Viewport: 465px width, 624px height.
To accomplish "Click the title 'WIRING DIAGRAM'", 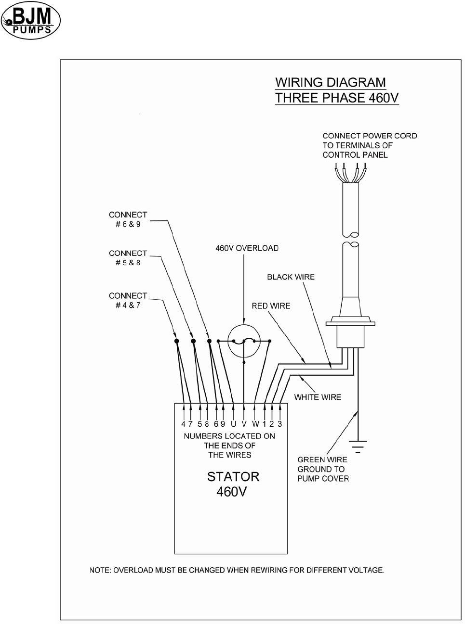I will coord(330,82).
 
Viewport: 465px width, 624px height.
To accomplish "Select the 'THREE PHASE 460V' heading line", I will coord(337,98).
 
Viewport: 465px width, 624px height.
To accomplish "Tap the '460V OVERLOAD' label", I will coord(247,248).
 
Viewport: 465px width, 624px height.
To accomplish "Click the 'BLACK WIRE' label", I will coord(291,277).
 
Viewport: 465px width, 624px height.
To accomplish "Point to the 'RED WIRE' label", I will coord(271,306).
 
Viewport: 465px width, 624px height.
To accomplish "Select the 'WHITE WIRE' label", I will coord(318,397).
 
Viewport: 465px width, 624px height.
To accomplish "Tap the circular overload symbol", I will coord(244,341).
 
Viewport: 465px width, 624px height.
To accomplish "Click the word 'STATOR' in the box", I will coord(233,477).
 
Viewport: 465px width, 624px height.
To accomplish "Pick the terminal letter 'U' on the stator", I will coord(233,424).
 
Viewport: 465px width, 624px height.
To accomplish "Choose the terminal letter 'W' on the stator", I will coord(255,424).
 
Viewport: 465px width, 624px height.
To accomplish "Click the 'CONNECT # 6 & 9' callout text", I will coord(128,219).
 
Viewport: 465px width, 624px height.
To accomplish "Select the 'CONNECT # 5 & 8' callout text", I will coord(128,258).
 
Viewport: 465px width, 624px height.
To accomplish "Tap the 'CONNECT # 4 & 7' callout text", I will coord(128,300).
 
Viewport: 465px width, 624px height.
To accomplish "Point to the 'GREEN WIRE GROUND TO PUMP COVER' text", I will coord(323,469).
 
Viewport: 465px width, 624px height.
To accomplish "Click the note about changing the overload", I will coord(237,571).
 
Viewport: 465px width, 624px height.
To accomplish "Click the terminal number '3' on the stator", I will coord(280,424).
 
